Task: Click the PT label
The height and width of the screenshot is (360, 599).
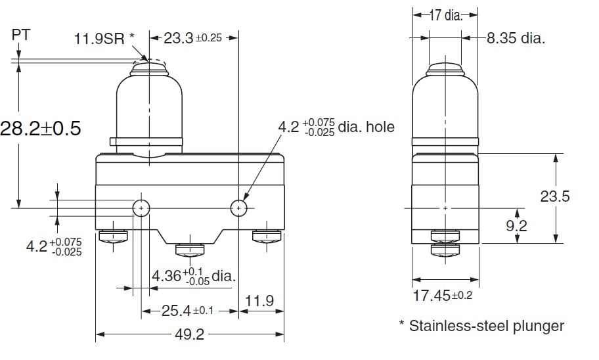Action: pyautogui.click(x=20, y=35)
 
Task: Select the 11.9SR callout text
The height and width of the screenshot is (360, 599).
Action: pyautogui.click(x=104, y=39)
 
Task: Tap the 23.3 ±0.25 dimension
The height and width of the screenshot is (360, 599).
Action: pyautogui.click(x=193, y=38)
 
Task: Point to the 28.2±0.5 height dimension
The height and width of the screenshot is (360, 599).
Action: pyautogui.click(x=41, y=128)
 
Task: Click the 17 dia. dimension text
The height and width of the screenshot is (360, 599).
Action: pyautogui.click(x=445, y=15)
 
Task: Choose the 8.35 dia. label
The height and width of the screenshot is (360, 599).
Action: pyautogui.click(x=516, y=38)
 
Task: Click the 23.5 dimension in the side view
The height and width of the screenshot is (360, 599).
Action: pyautogui.click(x=555, y=196)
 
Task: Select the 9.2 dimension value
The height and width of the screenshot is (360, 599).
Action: pyautogui.click(x=516, y=225)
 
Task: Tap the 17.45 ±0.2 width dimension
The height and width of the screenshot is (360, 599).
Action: pyautogui.click(x=443, y=296)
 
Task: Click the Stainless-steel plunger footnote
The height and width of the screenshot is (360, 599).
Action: pyautogui.click(x=481, y=326)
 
